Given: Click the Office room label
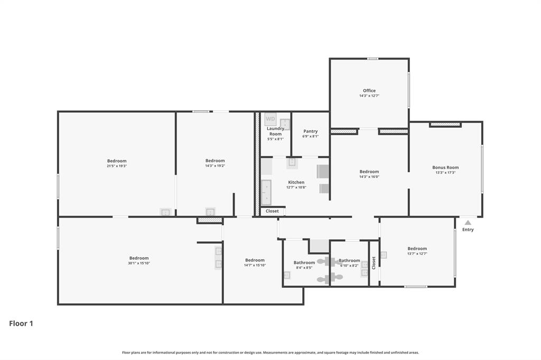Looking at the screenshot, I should (369, 91).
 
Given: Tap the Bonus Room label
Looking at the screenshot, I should (445, 167).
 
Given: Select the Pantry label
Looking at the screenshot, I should (310, 131).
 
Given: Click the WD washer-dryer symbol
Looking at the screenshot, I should (270, 119).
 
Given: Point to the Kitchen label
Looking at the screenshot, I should (296, 182).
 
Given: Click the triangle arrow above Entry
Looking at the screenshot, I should (468, 222).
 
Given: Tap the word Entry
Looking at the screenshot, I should (468, 230).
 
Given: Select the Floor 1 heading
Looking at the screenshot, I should (21, 324).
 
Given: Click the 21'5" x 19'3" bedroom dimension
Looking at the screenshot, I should (117, 166).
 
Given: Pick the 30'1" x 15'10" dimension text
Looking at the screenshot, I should (139, 263).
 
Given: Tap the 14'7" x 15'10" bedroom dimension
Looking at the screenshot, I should (255, 265).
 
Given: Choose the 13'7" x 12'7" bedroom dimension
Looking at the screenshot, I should (417, 254).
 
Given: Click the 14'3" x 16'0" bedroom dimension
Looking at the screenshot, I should (369, 177).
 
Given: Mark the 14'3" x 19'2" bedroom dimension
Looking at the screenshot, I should (215, 166).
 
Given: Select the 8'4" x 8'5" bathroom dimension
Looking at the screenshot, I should (304, 268).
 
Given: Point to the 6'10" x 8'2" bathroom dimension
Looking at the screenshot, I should (349, 266).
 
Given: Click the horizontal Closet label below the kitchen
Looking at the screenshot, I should (272, 211).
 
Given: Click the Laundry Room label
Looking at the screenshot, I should (275, 131).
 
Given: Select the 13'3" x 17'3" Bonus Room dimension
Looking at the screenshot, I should (445, 173).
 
